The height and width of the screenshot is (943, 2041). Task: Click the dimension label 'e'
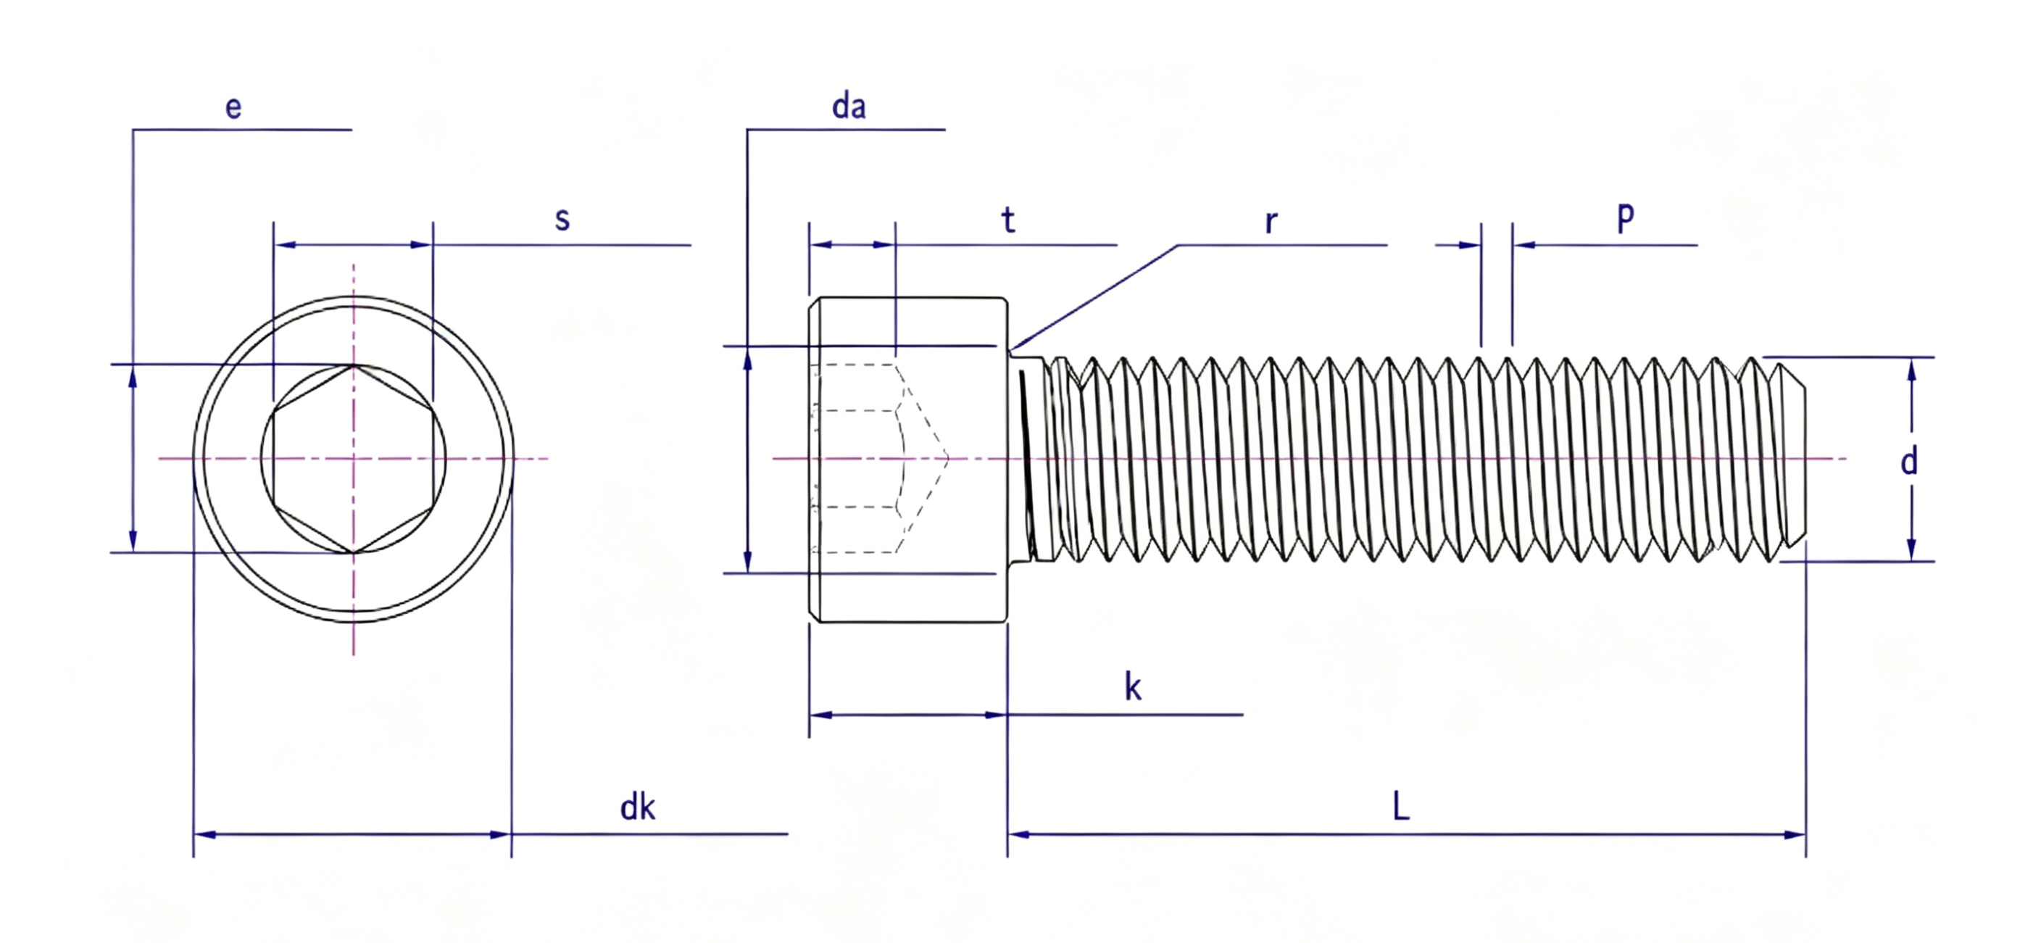[233, 108]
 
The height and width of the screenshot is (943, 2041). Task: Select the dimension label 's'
[562, 219]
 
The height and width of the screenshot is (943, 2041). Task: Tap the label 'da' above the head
[849, 106]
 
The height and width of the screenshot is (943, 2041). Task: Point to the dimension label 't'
[1008, 220]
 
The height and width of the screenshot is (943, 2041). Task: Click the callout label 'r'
[1271, 223]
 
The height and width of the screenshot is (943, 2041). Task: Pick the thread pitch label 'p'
[1625, 215]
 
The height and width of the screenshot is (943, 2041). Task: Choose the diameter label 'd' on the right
[1910, 460]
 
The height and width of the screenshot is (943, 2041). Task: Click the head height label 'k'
[1133, 686]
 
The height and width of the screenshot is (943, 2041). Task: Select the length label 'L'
[1401, 807]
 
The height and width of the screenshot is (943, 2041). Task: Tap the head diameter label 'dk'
[637, 807]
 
